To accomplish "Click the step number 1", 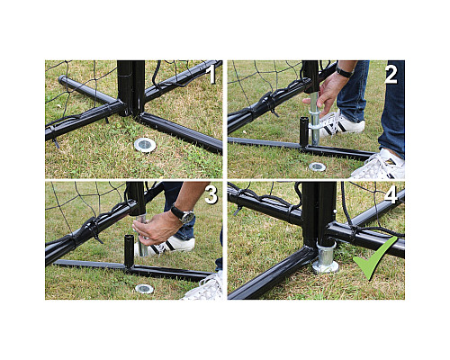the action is tap(212, 74).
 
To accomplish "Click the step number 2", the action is tap(391, 74).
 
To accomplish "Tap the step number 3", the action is tap(211, 195).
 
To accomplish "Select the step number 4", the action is tap(391, 195).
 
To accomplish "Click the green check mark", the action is tap(375, 258).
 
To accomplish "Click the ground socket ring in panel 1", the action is tap(145, 145).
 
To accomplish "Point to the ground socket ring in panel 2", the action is tap(317, 166).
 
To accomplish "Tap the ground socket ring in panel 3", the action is tap(144, 289).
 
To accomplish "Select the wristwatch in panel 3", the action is tap(183, 214).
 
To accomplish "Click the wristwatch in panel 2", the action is tap(344, 72).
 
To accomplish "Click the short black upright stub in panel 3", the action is tap(129, 251).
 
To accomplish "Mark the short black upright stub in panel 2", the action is tap(304, 131).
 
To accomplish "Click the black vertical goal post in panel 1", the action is tap(131, 88).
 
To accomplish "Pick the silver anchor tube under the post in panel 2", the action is tap(315, 119).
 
